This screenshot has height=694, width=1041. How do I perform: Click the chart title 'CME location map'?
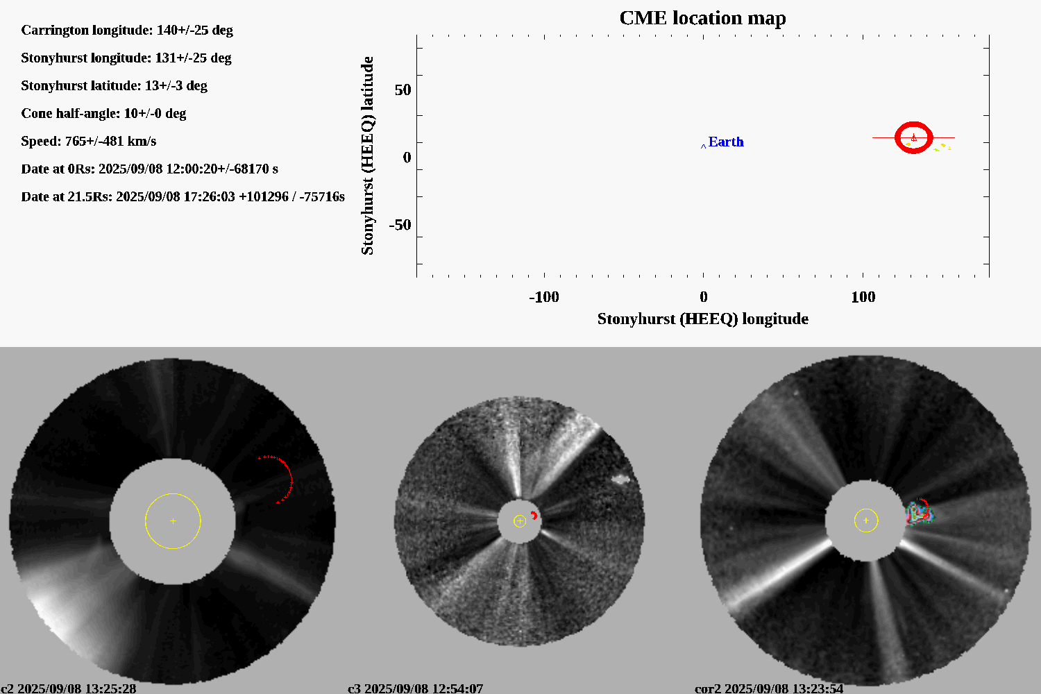coord(702,18)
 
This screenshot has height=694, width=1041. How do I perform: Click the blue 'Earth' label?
coord(725,142)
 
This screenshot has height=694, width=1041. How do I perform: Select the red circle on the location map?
coord(913,137)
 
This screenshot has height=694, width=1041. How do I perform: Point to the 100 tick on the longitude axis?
coord(863,297)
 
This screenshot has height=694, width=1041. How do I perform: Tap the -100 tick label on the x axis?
coord(543,297)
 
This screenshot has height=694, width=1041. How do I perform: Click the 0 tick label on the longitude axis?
coord(703,297)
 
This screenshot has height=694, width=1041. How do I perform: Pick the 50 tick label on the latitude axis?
coord(403,90)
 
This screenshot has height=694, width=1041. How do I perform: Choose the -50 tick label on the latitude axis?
coord(400,225)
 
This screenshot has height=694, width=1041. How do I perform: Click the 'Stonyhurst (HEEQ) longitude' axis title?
coord(702,319)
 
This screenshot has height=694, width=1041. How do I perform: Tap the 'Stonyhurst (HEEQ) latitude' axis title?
coord(367,155)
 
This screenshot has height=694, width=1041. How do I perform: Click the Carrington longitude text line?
coord(127,30)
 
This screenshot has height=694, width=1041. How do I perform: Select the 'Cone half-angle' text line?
coord(103,113)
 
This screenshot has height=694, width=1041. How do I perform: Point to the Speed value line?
coord(89,141)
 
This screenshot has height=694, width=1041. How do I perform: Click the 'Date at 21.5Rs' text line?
coord(183,196)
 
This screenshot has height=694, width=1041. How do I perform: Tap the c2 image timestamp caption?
coord(68,688)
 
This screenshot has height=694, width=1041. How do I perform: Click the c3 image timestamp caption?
coord(415,688)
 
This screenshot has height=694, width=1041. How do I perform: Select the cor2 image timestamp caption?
coord(769,688)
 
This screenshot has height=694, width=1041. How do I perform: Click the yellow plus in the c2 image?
coord(173,520)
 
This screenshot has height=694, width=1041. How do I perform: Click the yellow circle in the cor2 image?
coord(865,520)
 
